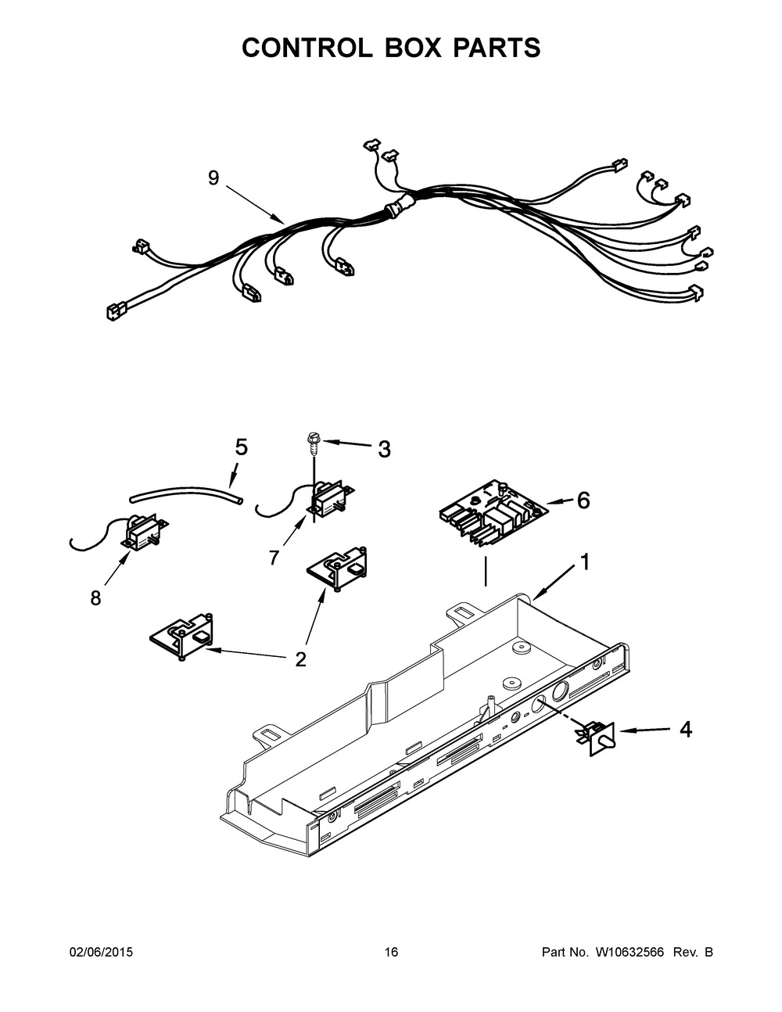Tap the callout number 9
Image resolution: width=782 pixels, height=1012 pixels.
point(213,178)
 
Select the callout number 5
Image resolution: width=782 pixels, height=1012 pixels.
point(241,447)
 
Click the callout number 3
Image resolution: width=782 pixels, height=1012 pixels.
point(383,449)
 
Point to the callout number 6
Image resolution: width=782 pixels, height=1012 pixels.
point(583,501)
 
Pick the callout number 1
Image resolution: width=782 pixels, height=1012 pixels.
point(583,562)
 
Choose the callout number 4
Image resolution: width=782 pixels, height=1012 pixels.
point(685,730)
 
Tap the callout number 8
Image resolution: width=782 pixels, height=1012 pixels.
point(95,598)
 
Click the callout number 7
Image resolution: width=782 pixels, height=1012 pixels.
point(274,558)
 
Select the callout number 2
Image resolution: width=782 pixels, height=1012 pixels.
point(300,659)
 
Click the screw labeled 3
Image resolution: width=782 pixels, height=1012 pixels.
point(312,444)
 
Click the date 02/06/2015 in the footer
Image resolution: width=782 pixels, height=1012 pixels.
point(101,952)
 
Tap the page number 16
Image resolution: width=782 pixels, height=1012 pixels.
point(391,952)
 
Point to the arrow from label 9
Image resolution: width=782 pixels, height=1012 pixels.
point(255,205)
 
